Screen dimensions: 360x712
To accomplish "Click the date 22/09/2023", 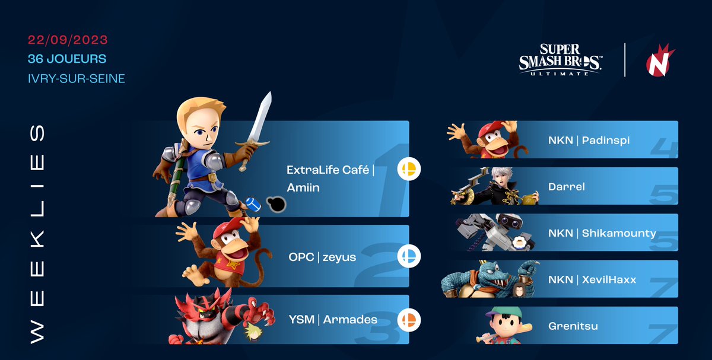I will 68,40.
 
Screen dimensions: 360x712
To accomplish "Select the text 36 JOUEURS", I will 67,59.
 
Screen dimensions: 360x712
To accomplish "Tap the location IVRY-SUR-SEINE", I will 77,78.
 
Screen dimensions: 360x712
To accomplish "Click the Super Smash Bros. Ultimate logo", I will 561,60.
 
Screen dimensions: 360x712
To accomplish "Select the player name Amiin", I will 304,187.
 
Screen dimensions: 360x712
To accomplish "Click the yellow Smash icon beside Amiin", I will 409,170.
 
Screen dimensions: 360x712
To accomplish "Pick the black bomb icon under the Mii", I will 276,204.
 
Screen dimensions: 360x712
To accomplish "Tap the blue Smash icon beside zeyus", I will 409,256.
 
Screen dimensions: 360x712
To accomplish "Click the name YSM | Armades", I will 332,320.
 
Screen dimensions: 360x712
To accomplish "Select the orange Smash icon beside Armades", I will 409,320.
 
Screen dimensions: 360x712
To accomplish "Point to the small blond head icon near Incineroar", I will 252,333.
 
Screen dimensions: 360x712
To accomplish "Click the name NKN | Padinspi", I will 589,141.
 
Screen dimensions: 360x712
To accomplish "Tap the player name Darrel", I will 567,187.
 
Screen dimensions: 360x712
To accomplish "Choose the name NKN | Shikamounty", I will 602,232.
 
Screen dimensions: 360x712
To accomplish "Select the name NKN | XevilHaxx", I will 592,279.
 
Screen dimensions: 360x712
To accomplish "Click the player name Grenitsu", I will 573,326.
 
